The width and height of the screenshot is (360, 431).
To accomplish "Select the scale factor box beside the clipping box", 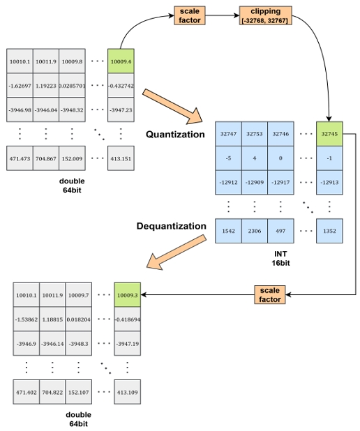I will pos(189,16).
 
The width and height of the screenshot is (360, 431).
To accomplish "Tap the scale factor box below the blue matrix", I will pos(270,294).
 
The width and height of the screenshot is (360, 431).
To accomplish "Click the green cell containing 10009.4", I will pos(121,61).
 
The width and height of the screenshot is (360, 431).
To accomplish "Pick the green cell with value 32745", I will pos(330,133).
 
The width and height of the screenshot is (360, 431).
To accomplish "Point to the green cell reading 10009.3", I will pos(127,296).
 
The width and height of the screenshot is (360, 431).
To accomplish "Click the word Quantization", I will pos(175,135).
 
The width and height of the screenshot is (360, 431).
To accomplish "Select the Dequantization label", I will pos(172,226).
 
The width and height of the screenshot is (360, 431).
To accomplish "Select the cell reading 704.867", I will pos(45,158).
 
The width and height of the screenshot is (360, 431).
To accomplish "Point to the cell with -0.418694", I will pos(127,319).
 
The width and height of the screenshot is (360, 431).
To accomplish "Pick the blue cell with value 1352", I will pos(330,230).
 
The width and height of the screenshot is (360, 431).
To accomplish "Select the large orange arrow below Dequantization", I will pos(177,252).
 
